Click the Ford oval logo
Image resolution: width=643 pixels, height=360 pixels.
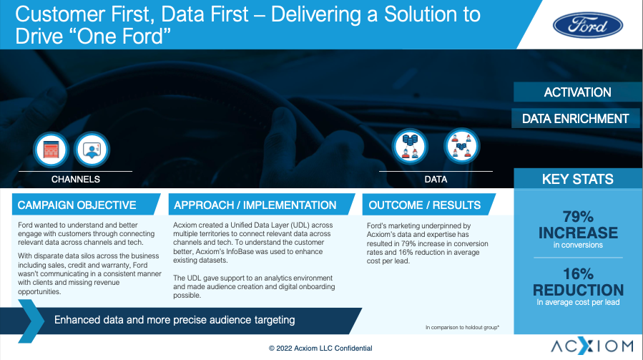pyautogui.click(x=588, y=25)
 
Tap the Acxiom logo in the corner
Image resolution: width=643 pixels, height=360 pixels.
pyautogui.click(x=592, y=346)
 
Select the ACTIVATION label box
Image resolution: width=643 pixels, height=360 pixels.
pyautogui.click(x=577, y=92)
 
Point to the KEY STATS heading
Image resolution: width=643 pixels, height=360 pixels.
pyautogui.click(x=577, y=179)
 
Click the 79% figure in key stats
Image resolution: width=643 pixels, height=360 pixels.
pyautogui.click(x=578, y=216)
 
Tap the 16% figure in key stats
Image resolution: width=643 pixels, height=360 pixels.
pyautogui.click(x=578, y=274)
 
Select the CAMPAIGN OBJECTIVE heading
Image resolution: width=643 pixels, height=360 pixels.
pyautogui.click(x=77, y=205)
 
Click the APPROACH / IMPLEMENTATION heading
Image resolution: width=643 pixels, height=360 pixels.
pyautogui.click(x=255, y=205)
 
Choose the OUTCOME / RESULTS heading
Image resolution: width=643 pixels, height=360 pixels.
pyautogui.click(x=424, y=205)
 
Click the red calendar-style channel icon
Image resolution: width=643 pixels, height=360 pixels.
pyautogui.click(x=51, y=150)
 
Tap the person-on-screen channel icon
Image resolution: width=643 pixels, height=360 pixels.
pyautogui.click(x=92, y=150)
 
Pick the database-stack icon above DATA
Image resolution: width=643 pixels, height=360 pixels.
pyautogui.click(x=410, y=147)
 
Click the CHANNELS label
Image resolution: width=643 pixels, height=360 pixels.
pyautogui.click(x=75, y=180)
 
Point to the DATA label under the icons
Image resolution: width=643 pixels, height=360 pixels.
pyautogui.click(x=436, y=180)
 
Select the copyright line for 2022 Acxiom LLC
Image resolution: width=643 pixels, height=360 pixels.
pyautogui.click(x=320, y=348)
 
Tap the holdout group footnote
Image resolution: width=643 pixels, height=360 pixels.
pyautogui.click(x=462, y=327)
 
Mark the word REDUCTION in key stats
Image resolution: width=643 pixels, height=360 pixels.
pyautogui.click(x=578, y=290)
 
